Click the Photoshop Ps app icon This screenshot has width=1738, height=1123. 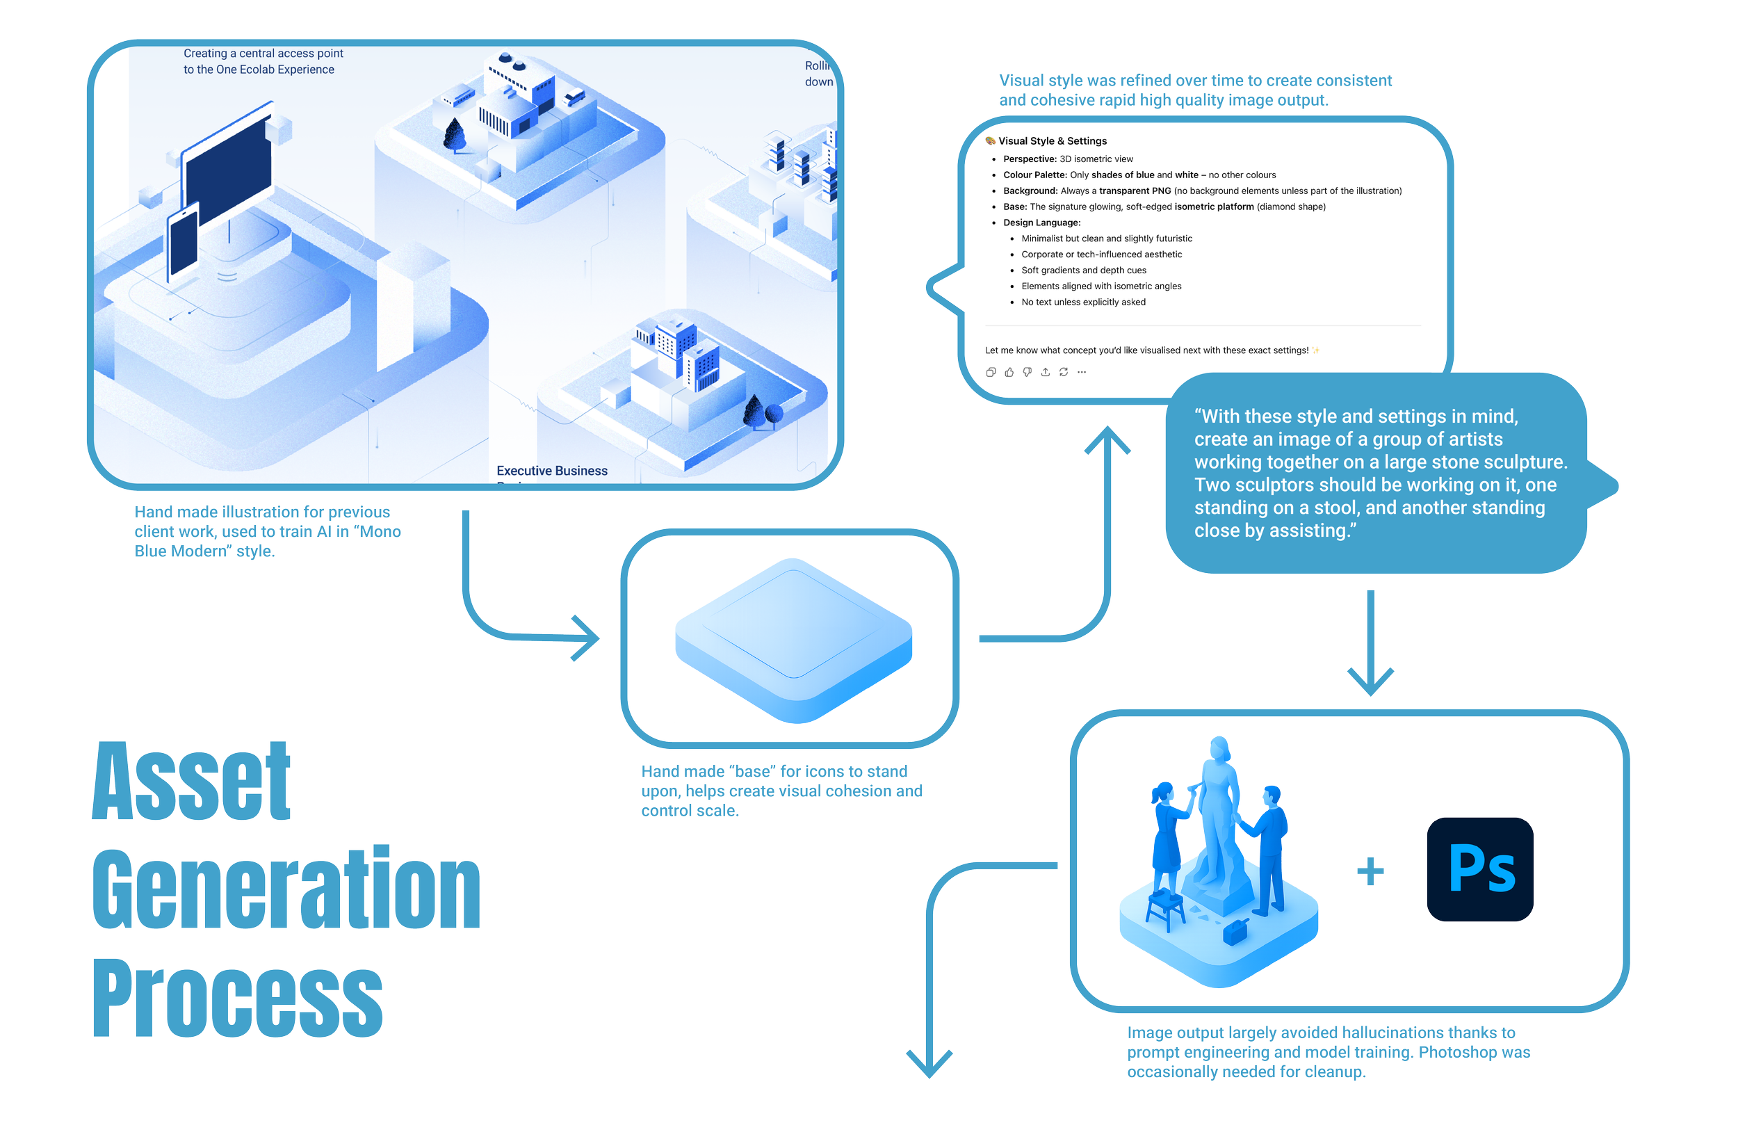[1480, 869]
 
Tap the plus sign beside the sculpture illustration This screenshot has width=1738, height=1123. [1370, 871]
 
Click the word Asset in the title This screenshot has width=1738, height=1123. [191, 781]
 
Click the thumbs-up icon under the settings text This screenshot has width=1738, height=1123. [1009, 373]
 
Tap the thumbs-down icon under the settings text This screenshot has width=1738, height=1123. [1028, 373]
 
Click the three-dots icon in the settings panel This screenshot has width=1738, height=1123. [1082, 373]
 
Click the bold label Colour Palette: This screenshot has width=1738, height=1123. [1034, 175]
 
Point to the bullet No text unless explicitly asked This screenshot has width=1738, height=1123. [1083, 302]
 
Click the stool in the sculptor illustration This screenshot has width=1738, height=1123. [1165, 909]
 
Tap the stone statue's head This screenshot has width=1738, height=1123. [1219, 748]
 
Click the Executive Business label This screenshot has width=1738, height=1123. [552, 471]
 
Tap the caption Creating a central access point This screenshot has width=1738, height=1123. [263, 54]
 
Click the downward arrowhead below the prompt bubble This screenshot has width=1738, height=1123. [1370, 682]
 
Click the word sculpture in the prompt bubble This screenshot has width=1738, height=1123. [1525, 462]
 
